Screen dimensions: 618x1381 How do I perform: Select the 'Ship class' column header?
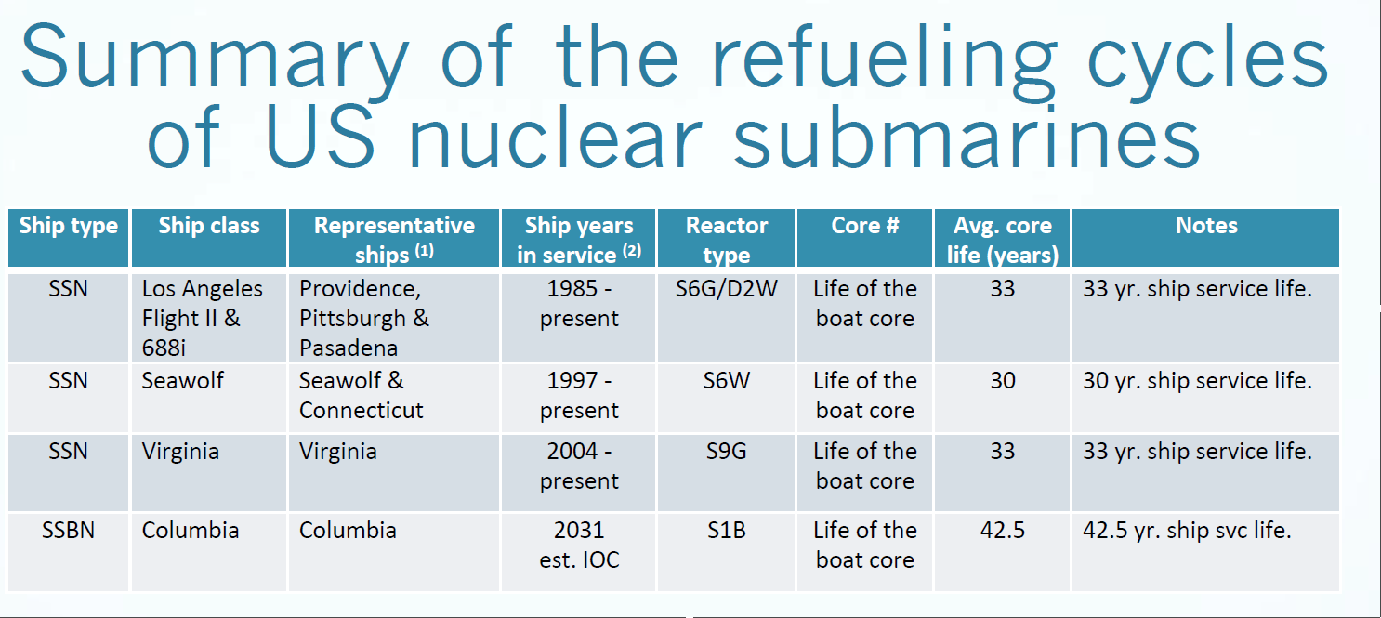coord(209,226)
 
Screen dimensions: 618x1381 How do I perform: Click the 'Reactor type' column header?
coord(726,240)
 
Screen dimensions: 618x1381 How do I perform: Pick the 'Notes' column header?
coord(1206,226)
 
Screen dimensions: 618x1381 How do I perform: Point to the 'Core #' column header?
coord(864,226)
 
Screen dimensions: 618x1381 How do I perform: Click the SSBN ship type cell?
coord(68,531)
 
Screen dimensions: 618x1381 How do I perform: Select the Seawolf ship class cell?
coord(183,381)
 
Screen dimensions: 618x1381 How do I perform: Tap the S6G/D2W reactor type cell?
coord(726,289)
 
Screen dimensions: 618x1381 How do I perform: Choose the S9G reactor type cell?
coord(726,452)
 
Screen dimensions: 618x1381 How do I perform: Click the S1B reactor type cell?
coord(726,531)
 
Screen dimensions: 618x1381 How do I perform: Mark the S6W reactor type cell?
coord(726,381)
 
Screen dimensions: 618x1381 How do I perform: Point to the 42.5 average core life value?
coord(1003,531)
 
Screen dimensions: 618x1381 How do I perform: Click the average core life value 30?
coord(1003,381)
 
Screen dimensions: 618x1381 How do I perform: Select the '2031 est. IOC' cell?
coord(579,545)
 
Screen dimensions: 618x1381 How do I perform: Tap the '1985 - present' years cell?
coord(579,304)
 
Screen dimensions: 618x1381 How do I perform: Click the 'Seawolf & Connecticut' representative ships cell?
coord(362,396)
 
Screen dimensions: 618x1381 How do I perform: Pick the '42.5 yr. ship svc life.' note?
coord(1188,531)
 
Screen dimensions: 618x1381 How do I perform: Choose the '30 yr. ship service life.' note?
coord(1197,381)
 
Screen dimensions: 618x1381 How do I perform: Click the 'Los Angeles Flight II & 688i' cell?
coord(203,318)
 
